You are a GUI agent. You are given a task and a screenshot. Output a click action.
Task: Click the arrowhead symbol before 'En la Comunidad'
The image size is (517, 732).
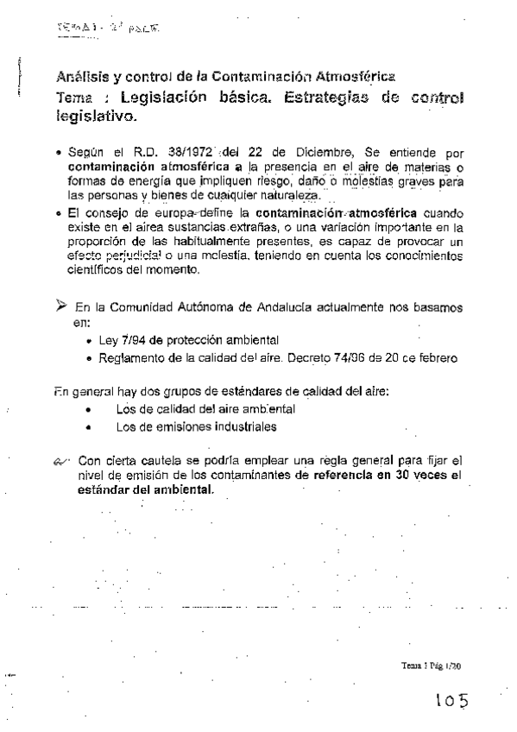[x=60, y=306]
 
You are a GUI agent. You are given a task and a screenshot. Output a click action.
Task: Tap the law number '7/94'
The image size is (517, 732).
[x=132, y=338]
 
